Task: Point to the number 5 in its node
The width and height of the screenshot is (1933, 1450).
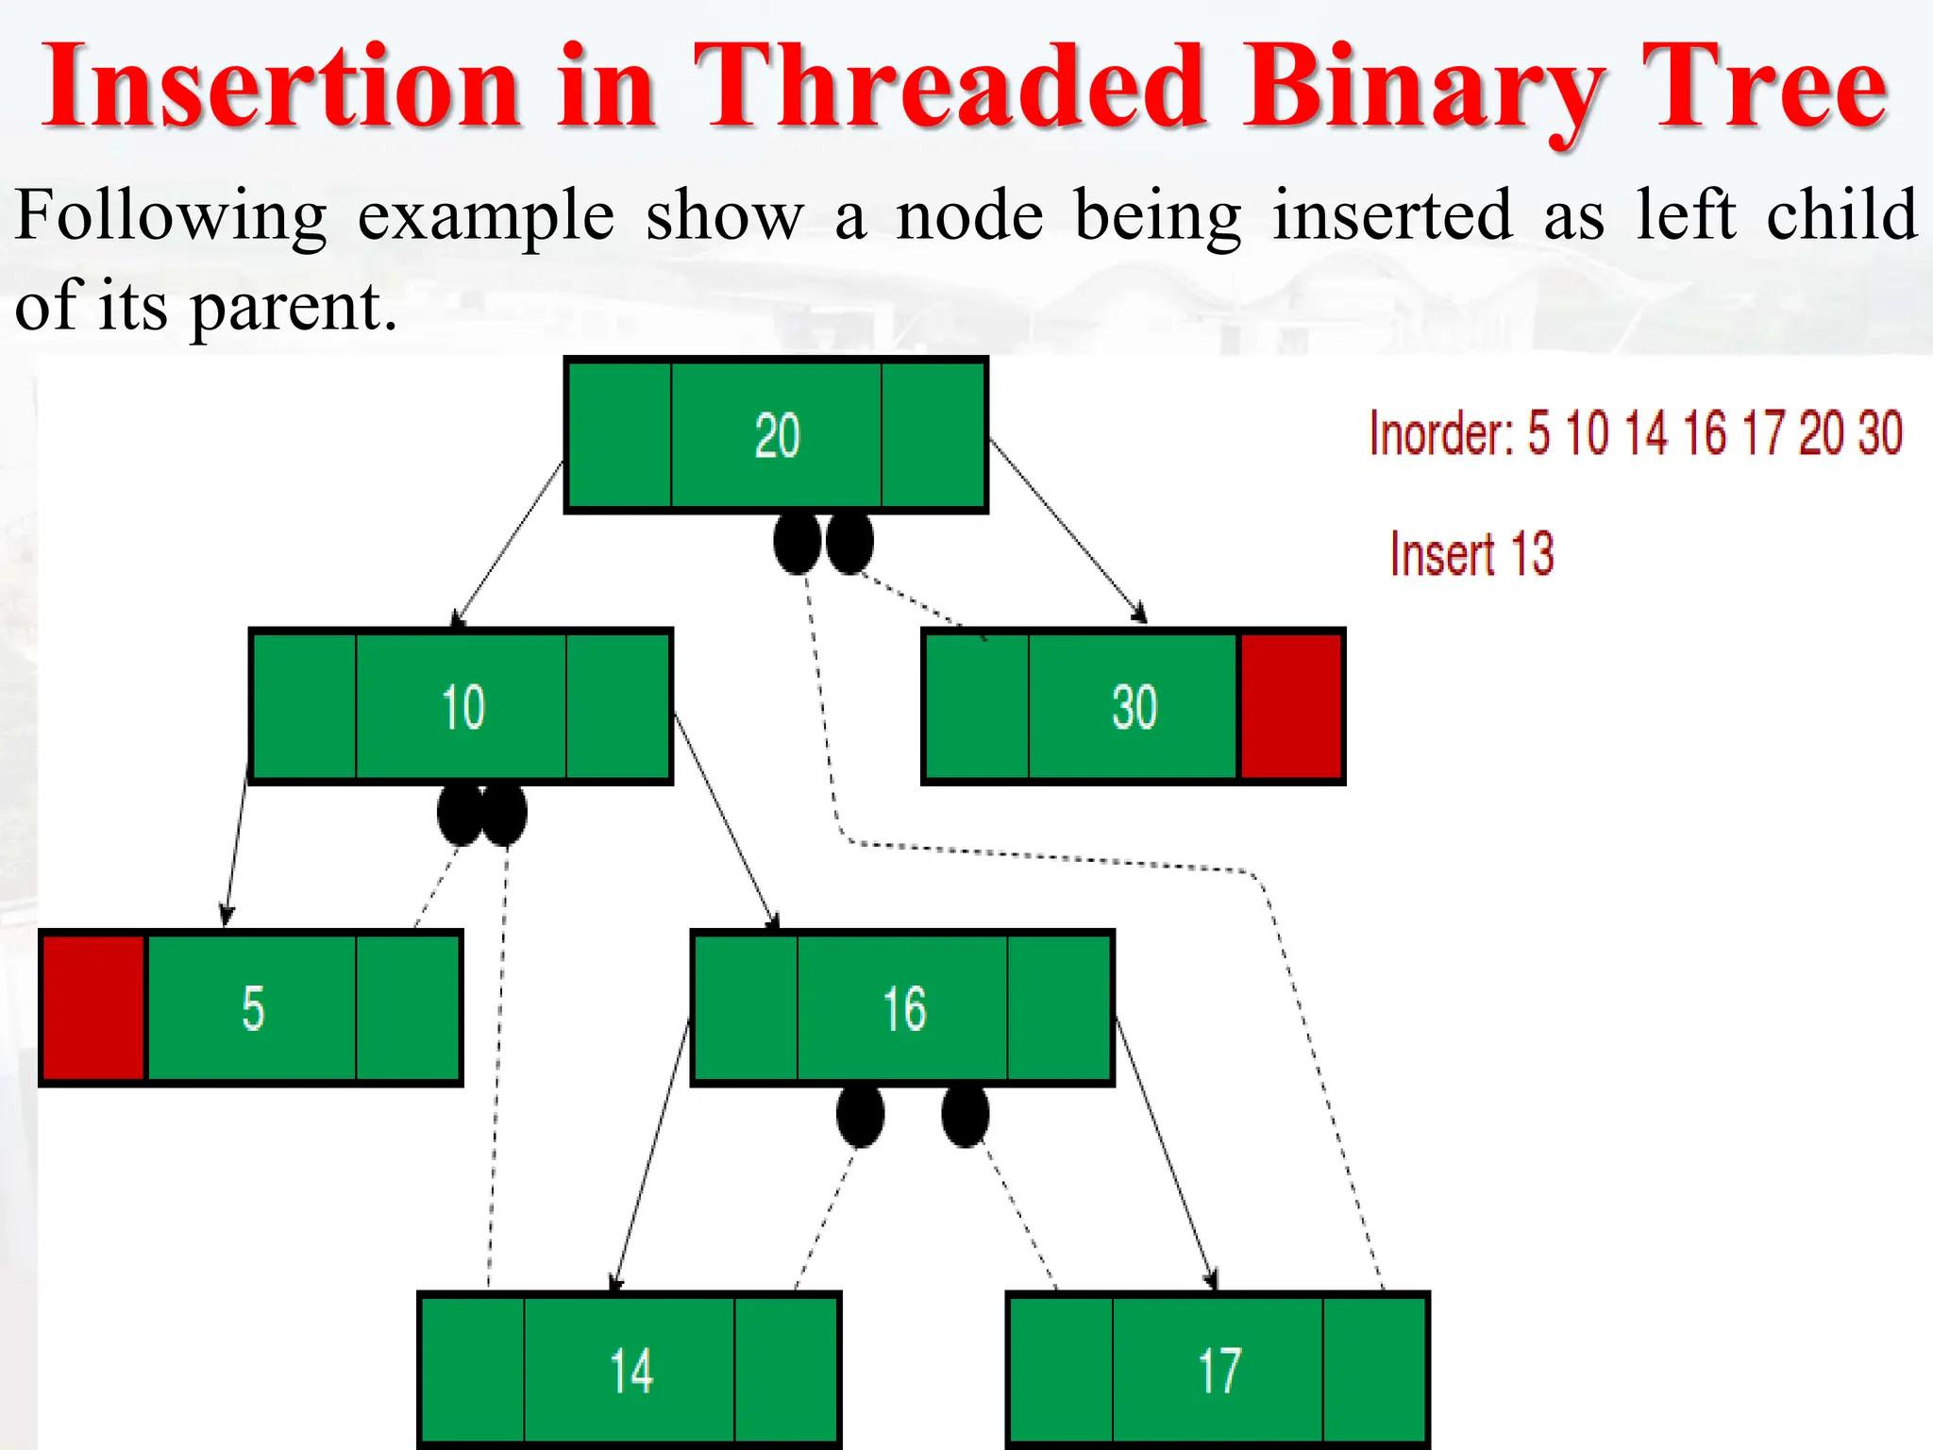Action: (252, 1007)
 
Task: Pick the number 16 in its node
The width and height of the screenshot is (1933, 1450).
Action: (903, 1007)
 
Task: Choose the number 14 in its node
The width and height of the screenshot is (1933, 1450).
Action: (630, 1370)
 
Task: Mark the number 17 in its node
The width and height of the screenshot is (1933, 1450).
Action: (1219, 1370)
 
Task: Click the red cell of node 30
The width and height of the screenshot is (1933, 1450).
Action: (1290, 706)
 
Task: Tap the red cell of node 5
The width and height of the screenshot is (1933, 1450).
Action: (93, 1007)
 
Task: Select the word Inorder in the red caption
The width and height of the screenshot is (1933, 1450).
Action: (1440, 433)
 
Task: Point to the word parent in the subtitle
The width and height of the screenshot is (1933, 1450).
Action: (293, 308)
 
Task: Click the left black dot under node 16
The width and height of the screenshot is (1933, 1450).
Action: (860, 1116)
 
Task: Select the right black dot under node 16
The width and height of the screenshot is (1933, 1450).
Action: (965, 1116)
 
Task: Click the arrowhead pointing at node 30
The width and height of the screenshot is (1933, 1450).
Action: (1141, 615)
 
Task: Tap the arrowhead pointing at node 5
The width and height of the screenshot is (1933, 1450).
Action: (226, 916)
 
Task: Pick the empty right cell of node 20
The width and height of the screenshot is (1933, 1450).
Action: (933, 435)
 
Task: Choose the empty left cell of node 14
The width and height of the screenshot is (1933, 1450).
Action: (472, 1370)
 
